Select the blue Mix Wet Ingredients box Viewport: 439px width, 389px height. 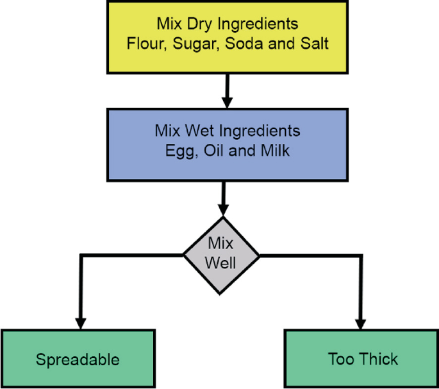click(x=228, y=143)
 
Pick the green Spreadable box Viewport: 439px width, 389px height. click(x=78, y=358)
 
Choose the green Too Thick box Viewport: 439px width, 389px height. click(x=362, y=358)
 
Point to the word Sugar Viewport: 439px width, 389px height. click(x=189, y=45)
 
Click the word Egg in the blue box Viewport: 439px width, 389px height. click(x=177, y=151)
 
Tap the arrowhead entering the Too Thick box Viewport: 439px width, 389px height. click(x=361, y=322)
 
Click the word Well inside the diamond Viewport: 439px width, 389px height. click(x=222, y=263)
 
